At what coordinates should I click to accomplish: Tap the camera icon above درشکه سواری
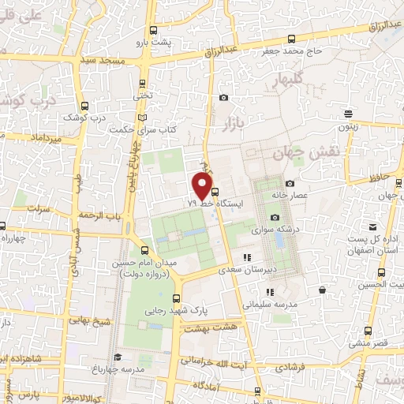(275, 217)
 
